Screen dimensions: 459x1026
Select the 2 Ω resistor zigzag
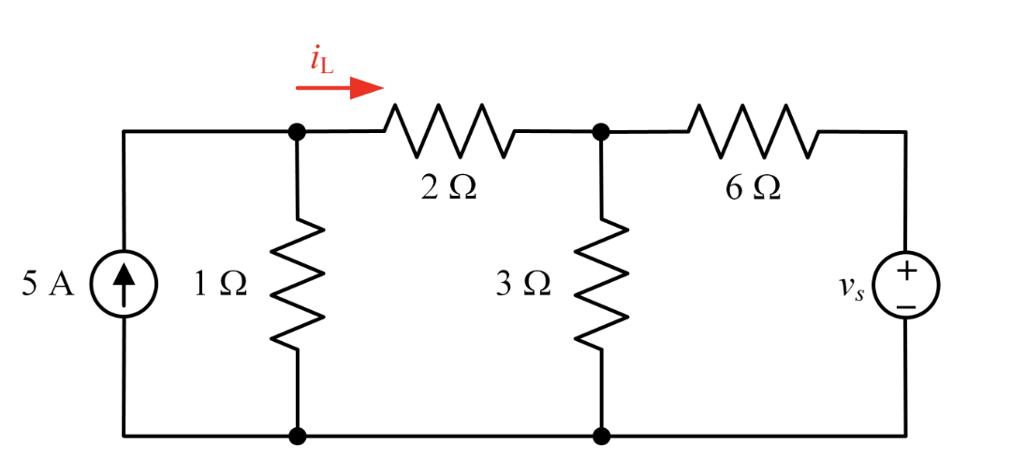(449, 131)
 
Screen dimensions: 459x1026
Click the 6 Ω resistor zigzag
(754, 131)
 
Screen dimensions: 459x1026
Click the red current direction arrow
(339, 89)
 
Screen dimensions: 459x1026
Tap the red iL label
(321, 60)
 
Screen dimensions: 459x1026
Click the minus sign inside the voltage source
(905, 304)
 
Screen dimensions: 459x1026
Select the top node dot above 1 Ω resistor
(298, 132)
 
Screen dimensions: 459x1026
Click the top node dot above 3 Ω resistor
(601, 132)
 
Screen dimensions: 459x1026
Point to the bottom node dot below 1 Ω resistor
(298, 436)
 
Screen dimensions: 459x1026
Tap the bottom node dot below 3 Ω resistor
(601, 436)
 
